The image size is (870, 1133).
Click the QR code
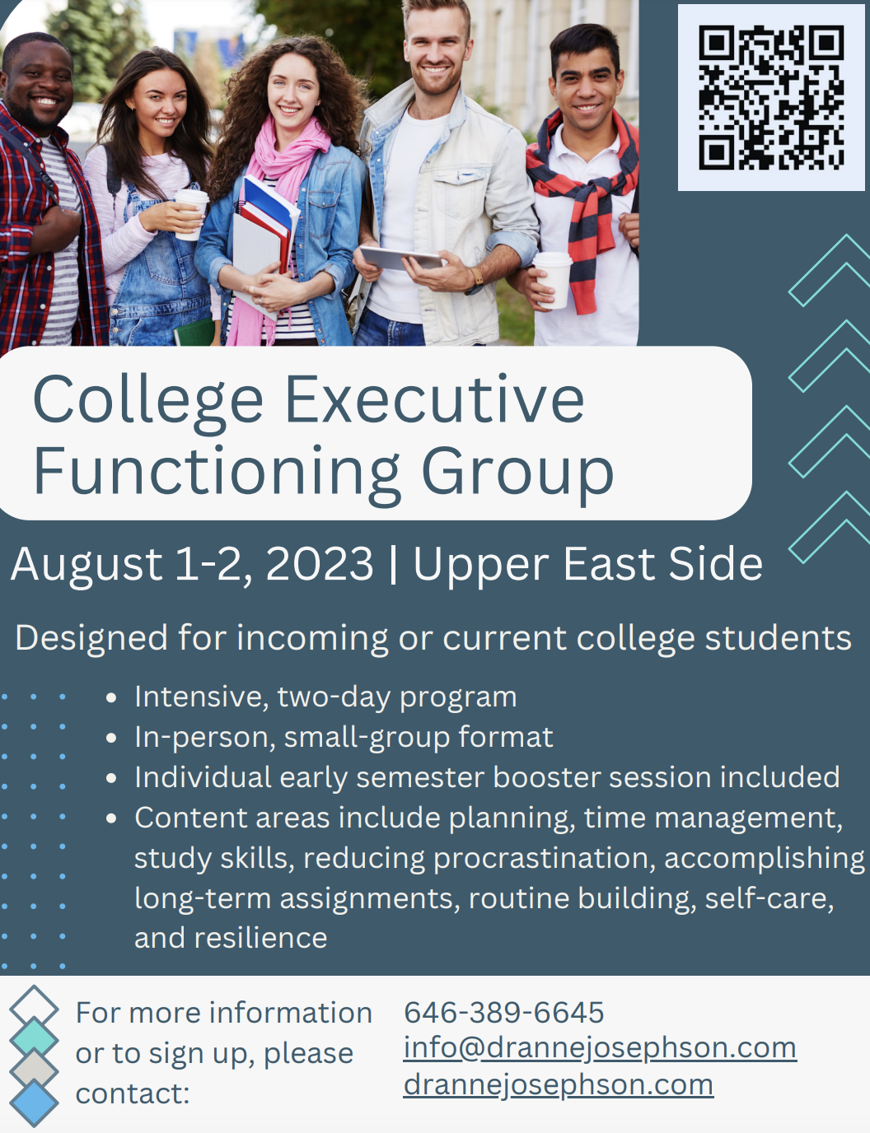coord(771,97)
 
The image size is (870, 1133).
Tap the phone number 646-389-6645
coord(503,1012)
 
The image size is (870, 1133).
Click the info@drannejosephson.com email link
coord(600,1047)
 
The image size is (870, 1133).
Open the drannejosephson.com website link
coord(558,1084)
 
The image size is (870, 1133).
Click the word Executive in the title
coord(434,400)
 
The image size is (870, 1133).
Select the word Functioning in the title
coord(217,473)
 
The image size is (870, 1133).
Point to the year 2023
coord(320,565)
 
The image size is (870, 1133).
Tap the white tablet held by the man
coord(401,259)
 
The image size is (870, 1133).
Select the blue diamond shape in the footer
coord(34,1103)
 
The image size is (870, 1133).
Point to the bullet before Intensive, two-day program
coord(111,698)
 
